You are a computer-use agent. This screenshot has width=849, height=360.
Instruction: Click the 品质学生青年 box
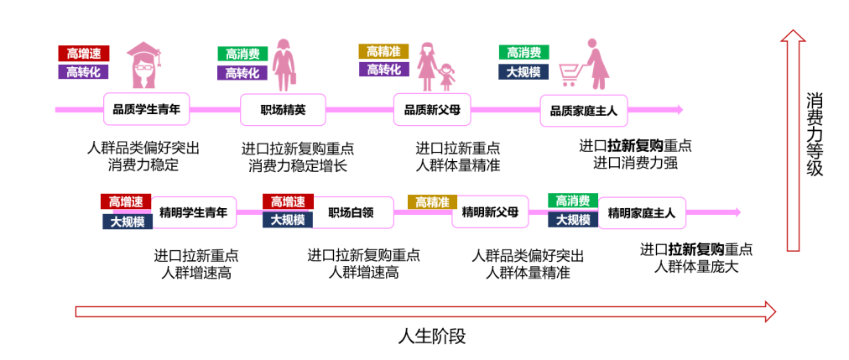147,109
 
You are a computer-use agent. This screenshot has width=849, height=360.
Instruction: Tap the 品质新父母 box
432,109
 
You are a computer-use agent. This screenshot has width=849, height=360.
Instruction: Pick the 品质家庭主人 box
583,110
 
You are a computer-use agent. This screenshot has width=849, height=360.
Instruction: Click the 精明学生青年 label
193,212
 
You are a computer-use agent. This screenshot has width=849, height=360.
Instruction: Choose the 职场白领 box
350,212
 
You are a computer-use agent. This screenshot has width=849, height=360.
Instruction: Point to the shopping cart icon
571,75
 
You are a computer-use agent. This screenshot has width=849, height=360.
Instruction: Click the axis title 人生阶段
431,337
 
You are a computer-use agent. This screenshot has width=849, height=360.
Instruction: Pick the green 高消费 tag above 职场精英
242,54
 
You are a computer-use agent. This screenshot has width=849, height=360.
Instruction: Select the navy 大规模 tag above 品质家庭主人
523,72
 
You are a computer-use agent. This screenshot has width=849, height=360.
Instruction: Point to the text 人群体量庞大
695,268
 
